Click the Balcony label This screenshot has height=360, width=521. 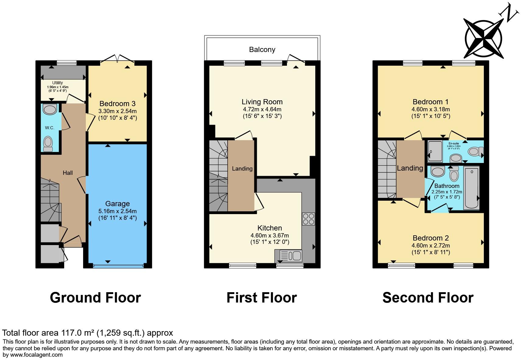click(262, 50)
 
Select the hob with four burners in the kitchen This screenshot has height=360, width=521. click(308, 219)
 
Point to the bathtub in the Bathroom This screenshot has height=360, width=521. click(471, 188)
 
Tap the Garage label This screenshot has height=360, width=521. click(117, 204)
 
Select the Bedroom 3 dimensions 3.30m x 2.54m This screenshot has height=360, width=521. click(117, 111)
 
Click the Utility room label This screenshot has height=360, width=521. click(58, 83)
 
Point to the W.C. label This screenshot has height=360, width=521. click(50, 128)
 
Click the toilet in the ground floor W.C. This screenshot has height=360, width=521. click(48, 144)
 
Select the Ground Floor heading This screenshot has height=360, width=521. click(95, 297)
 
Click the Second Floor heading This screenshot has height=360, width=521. click(428, 297)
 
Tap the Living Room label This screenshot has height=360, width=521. click(262, 102)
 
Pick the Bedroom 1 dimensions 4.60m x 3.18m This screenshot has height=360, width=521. click(431, 109)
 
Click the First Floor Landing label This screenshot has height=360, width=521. click(242, 168)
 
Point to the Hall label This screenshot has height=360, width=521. click(68, 173)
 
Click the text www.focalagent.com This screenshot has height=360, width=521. click(37, 355)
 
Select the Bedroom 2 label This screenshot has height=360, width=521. click(431, 238)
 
